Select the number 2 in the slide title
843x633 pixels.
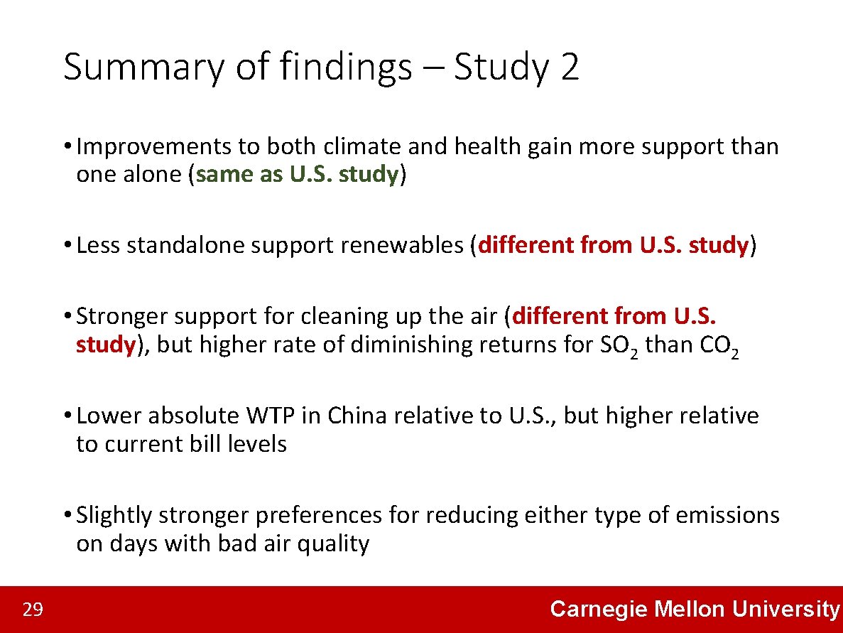570,67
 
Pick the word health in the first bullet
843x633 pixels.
490,146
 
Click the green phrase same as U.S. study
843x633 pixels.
296,175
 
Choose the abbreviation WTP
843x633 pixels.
271,416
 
